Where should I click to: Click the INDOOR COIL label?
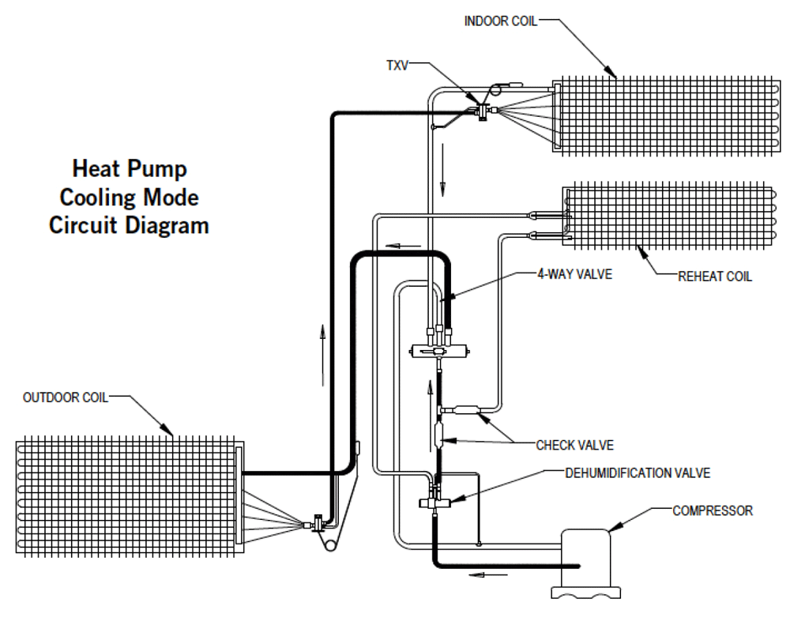(x=499, y=21)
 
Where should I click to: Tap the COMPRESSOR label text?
(x=713, y=510)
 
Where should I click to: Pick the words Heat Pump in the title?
(x=130, y=168)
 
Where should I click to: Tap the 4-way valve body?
(x=438, y=348)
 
